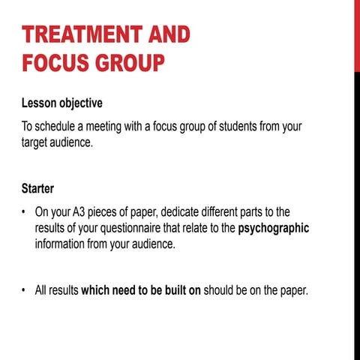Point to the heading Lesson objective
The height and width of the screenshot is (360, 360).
tap(62, 102)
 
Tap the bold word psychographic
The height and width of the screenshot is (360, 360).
tap(273, 228)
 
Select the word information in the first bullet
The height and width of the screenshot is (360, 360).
tap(65, 244)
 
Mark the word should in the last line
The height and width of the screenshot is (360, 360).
tap(220, 289)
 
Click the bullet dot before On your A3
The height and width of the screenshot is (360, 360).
tap(24, 211)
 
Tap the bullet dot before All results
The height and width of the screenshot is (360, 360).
tap(24, 290)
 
